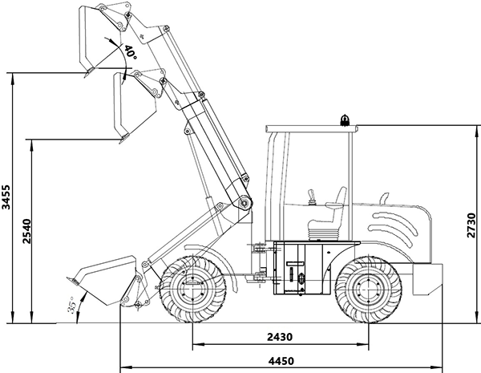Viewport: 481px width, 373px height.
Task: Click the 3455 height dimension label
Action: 7,197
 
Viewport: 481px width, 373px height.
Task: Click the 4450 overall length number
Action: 279,360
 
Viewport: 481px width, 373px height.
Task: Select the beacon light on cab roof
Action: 346,121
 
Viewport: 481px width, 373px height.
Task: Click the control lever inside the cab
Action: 311,195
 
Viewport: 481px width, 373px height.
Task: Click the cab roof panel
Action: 309,128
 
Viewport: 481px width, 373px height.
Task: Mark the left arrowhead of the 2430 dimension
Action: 195,346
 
